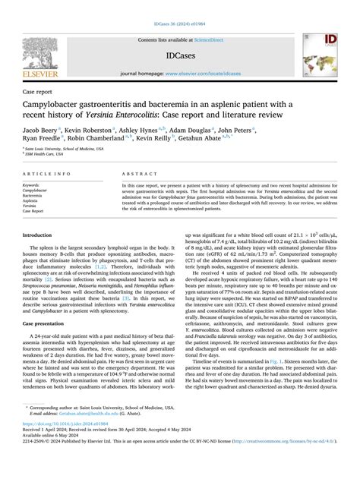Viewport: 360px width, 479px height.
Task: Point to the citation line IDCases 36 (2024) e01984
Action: click(179, 6)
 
